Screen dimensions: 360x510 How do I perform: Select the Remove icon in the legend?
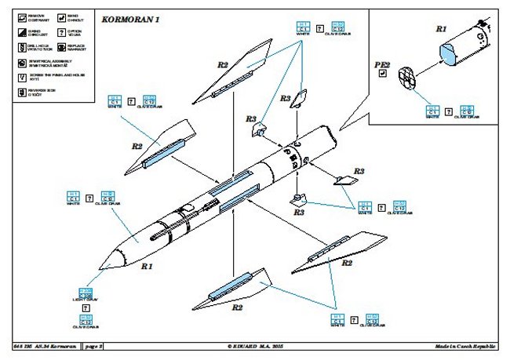(20, 16)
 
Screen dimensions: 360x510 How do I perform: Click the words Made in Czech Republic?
(470, 346)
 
